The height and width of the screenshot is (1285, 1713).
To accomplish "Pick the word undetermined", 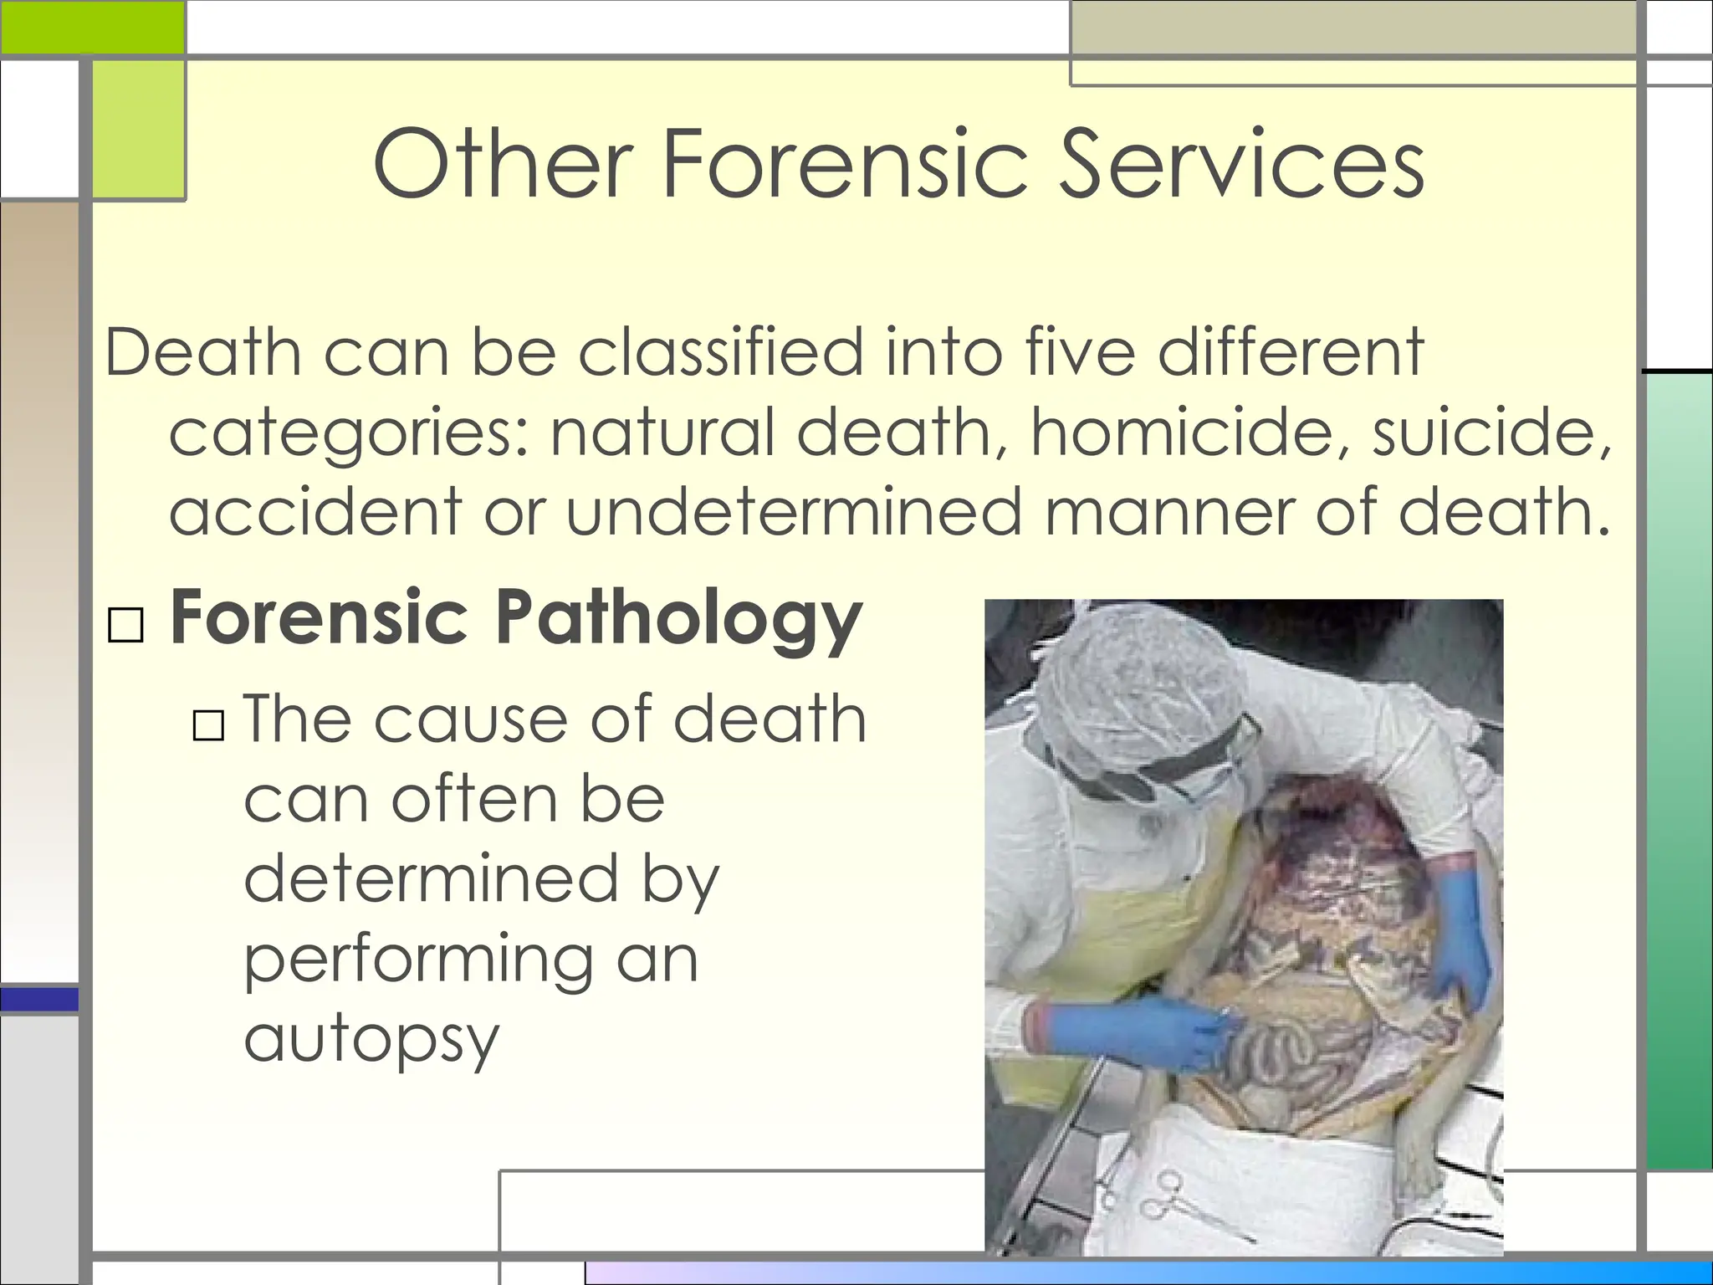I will click(794, 511).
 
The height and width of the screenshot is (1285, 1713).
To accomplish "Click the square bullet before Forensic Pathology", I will click(126, 625).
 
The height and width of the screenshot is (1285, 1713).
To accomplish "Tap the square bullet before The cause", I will click(208, 725).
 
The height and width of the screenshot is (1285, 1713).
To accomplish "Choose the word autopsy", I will click(371, 1041).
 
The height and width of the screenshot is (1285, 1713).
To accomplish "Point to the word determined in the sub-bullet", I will click(431, 878).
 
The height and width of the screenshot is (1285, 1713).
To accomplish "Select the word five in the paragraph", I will click(1080, 352).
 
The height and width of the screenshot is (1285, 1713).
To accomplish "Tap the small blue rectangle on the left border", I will click(39, 999).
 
